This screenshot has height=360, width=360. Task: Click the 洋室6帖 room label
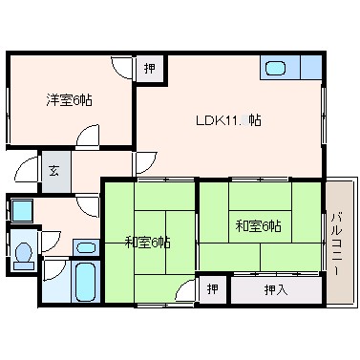70,100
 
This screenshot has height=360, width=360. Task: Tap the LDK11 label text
218,120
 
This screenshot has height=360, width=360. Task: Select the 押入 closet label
276,290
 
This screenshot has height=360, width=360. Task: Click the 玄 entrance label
53,172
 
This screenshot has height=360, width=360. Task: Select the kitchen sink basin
275,68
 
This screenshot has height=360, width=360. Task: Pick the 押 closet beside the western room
150,68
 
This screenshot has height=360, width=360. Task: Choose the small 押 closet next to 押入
213,289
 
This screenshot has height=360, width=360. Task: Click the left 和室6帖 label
147,243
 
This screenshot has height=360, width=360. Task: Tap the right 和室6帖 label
258,226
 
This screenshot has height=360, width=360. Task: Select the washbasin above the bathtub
86,247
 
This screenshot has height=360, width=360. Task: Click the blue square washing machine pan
22,210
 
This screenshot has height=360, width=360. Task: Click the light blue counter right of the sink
311,67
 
